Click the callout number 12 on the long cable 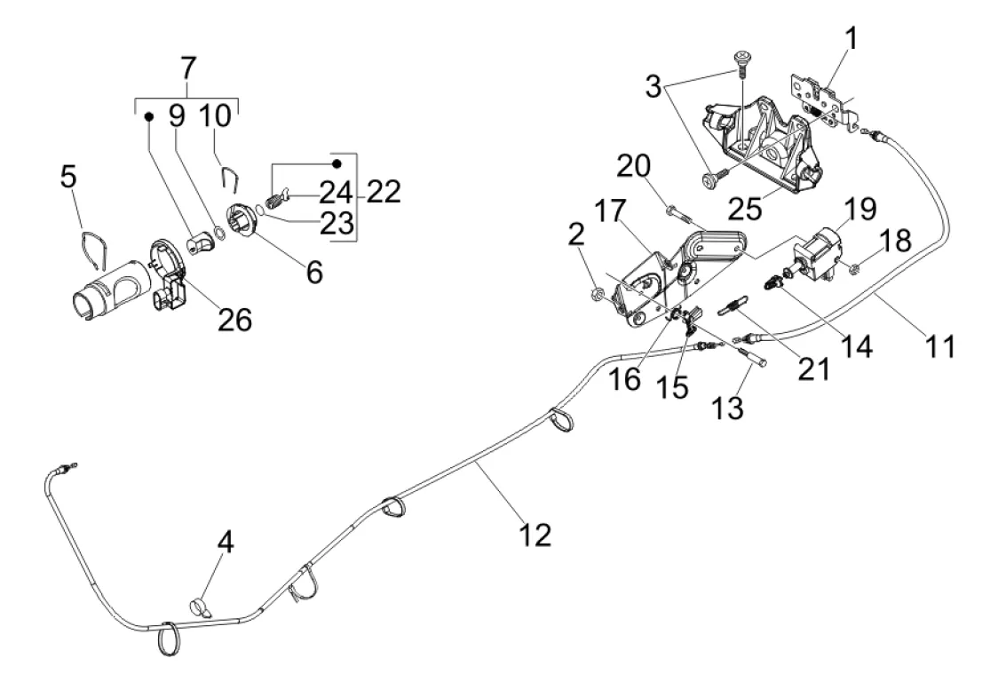click(536, 533)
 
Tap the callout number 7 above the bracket click(189, 68)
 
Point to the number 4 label click(227, 543)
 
